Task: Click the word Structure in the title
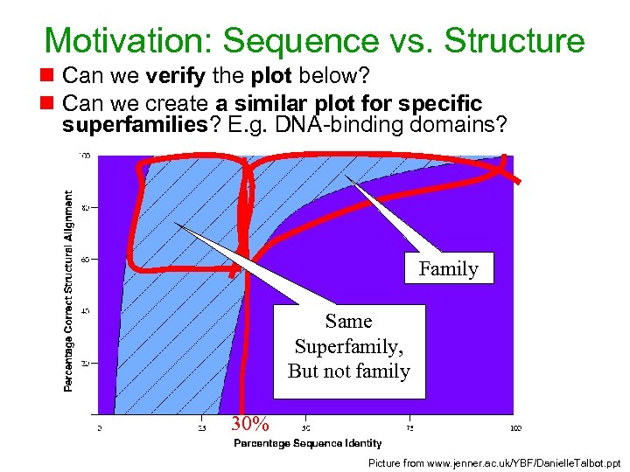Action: [514, 40]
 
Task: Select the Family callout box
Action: [448, 268]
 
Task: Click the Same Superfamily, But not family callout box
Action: [349, 347]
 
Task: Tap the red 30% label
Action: [249, 425]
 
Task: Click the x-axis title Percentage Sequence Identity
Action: [307, 443]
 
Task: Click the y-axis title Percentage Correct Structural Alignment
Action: [69, 292]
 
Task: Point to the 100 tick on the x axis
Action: [515, 428]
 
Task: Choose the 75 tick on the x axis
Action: [411, 428]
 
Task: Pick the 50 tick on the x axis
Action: [306, 428]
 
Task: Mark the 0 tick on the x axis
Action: [99, 428]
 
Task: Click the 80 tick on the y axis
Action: [85, 208]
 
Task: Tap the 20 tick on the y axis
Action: [85, 363]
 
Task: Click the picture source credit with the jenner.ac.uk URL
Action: [494, 462]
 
